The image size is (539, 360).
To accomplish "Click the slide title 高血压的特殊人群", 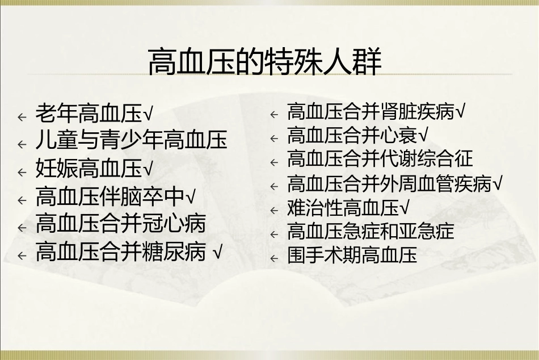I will point(264,63).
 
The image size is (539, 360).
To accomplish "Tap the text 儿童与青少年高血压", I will point(131,140).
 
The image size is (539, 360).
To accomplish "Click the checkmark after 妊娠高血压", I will point(148,169).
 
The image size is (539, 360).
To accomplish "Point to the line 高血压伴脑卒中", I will point(110,197).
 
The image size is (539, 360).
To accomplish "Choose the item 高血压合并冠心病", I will point(120,224).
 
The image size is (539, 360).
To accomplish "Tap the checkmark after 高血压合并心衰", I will point(423,136).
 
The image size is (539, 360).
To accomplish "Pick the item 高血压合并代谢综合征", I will point(380,159).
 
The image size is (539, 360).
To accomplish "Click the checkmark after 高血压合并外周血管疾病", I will point(498,184).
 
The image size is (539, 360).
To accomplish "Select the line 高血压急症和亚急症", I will point(370,232).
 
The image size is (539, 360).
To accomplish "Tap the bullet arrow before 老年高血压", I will point(22,117).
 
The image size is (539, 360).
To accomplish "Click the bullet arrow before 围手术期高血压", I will point(274,258).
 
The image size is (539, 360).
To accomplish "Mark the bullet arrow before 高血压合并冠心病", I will point(22,228).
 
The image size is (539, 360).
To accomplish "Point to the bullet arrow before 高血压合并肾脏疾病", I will point(274,115).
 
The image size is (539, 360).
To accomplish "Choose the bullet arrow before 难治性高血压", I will point(274,211).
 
